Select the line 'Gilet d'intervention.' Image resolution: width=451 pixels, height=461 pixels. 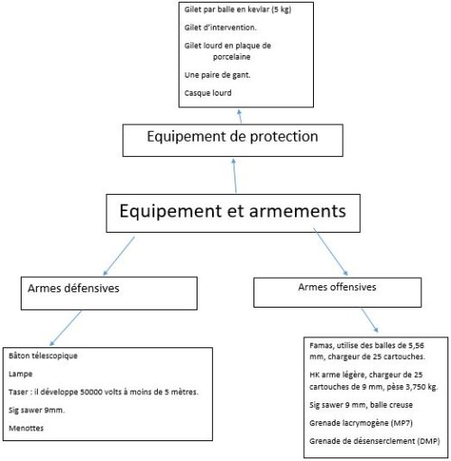220,27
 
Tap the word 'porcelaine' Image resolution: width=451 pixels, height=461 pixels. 232,57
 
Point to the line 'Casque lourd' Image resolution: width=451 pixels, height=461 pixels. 207,93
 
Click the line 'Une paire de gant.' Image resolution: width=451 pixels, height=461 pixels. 217,75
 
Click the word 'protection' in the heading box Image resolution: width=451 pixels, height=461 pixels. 284,137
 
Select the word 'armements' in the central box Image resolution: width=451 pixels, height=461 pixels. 298,211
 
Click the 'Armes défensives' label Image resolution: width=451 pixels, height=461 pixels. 73,289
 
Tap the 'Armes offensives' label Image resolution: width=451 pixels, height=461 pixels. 337,287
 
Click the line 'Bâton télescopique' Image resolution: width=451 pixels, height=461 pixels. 43,355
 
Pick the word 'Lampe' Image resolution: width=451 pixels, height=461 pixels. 21,374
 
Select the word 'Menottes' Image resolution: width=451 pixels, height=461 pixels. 26,429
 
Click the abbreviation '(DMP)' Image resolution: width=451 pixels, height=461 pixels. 428,441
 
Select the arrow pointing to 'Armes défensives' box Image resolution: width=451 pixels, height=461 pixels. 119,256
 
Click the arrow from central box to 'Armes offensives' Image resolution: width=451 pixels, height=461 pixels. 330,252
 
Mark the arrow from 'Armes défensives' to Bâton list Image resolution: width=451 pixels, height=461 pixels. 66,328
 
